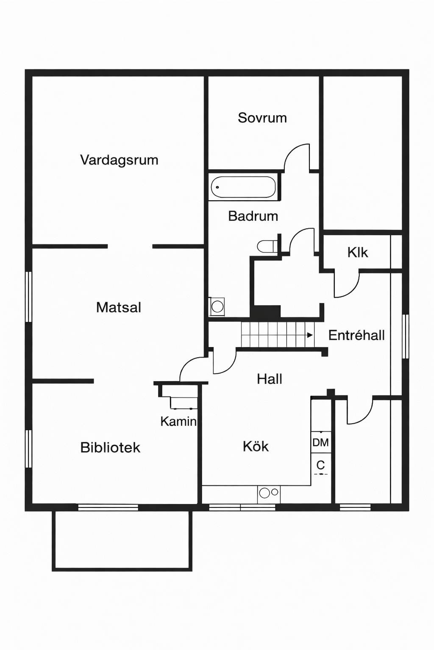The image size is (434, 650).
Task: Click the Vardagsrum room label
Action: pyautogui.click(x=119, y=160)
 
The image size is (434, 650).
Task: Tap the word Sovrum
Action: pyautogui.click(x=262, y=118)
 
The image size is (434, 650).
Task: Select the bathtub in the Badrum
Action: pyautogui.click(x=243, y=187)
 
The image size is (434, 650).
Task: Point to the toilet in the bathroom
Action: pyautogui.click(x=267, y=246)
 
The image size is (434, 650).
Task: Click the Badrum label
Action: pyautogui.click(x=253, y=216)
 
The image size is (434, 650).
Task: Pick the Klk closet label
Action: pyautogui.click(x=358, y=253)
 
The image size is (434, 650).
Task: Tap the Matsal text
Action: pyautogui.click(x=119, y=307)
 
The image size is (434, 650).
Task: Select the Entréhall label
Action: pyautogui.click(x=356, y=336)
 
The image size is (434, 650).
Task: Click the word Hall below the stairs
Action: pyautogui.click(x=270, y=379)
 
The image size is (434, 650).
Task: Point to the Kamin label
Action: pyautogui.click(x=178, y=421)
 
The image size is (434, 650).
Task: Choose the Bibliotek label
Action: pyautogui.click(x=110, y=447)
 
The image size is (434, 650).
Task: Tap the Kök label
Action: pyautogui.click(x=256, y=446)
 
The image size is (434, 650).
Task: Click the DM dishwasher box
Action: pyautogui.click(x=321, y=442)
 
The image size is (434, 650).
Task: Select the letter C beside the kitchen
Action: pyautogui.click(x=320, y=465)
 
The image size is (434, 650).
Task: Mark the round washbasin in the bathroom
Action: pyautogui.click(x=217, y=306)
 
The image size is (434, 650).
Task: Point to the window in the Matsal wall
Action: pyautogui.click(x=28, y=297)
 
